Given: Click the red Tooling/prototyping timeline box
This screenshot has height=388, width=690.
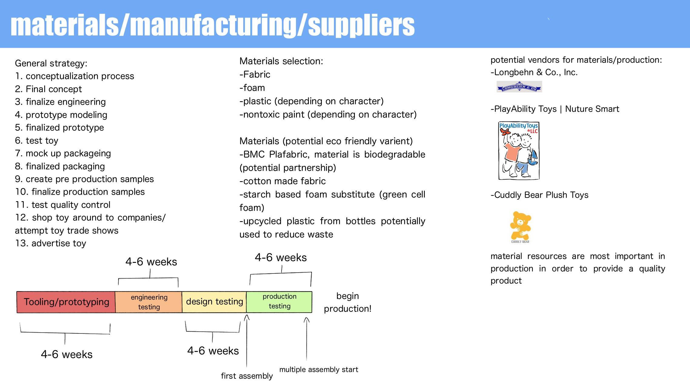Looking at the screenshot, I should click(x=66, y=302).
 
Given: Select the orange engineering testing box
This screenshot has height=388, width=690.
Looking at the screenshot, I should click(x=148, y=302).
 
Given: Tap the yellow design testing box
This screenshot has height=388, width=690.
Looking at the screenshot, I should click(x=214, y=302).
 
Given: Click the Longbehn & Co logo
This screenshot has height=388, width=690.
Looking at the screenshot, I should click(x=519, y=87).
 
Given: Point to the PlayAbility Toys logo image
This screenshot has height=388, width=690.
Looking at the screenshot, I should click(x=519, y=151).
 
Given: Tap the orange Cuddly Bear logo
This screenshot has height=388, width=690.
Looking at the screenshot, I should click(x=520, y=227).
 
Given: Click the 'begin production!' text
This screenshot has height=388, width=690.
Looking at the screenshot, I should click(x=348, y=302).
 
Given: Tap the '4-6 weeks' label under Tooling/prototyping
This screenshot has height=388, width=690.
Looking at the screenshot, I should click(x=67, y=354).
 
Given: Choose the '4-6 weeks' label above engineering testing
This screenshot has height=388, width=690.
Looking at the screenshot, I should click(x=151, y=262).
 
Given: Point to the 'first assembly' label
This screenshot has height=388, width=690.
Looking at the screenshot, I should click(x=247, y=376).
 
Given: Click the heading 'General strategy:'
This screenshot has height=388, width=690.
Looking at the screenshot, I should click(x=51, y=63).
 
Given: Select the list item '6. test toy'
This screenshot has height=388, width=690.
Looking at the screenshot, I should click(x=37, y=141).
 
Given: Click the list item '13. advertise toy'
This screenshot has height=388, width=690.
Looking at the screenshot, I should click(x=51, y=243).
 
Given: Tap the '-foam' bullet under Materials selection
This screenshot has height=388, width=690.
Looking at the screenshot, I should click(x=252, y=88).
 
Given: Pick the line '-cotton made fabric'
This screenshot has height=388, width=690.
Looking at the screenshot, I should click(x=282, y=181).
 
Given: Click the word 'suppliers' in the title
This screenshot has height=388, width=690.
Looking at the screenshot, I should click(x=361, y=26).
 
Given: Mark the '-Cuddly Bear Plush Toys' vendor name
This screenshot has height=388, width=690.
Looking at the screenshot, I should click(x=539, y=195).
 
